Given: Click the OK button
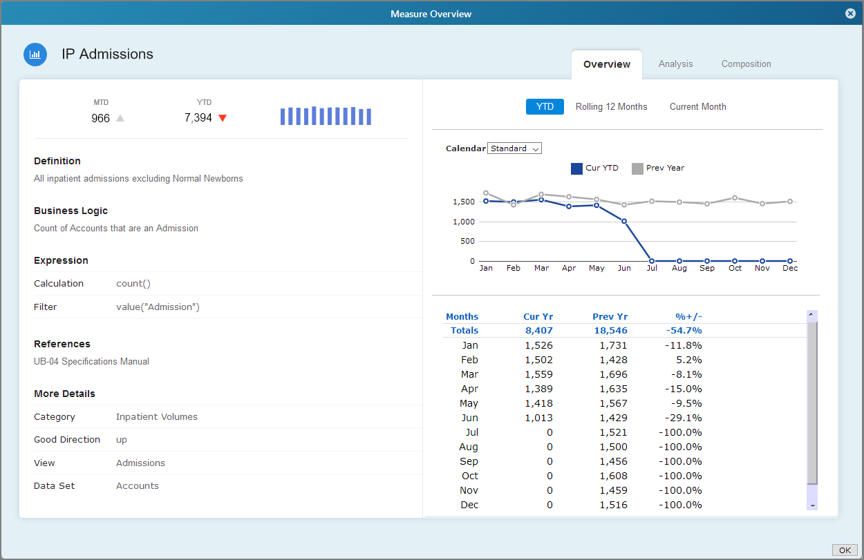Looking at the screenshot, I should (844, 550).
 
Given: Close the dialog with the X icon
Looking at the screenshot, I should (850, 14).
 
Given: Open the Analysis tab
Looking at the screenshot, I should (675, 64).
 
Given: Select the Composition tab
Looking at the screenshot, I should (746, 64).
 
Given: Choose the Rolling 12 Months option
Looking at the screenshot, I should (611, 107).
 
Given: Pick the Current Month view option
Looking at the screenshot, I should (697, 107).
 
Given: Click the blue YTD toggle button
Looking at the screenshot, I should (545, 107).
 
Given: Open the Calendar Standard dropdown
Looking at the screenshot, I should (514, 148).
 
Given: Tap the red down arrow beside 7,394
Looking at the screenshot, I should (223, 118).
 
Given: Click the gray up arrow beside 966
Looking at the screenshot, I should (120, 118).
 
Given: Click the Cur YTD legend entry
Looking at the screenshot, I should (594, 168).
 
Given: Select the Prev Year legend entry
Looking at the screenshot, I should (658, 168).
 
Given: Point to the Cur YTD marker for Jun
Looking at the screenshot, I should (624, 222).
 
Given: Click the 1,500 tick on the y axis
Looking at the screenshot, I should (463, 202).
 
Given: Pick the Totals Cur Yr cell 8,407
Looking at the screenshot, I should (538, 331).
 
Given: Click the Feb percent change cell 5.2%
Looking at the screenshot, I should (688, 360).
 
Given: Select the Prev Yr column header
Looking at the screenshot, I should (610, 317).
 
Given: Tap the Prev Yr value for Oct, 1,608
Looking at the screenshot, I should (613, 476).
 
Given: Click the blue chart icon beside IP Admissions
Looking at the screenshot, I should (35, 55).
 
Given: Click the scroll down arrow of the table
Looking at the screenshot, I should (812, 505).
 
